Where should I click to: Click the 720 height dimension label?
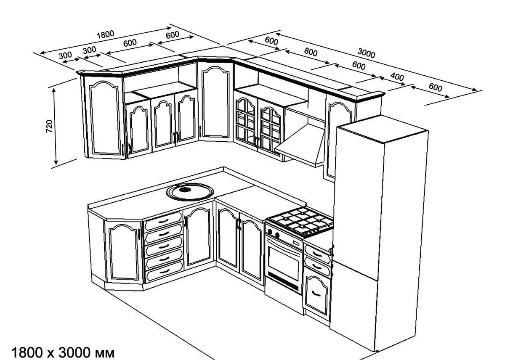(x=50, y=126)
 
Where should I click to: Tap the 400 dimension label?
(x=397, y=77)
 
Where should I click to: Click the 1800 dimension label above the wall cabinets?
(x=105, y=35)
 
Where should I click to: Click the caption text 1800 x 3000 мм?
(x=63, y=352)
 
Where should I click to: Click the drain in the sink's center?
(x=185, y=190)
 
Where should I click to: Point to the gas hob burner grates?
(x=301, y=221)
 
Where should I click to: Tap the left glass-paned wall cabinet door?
(x=245, y=121)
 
